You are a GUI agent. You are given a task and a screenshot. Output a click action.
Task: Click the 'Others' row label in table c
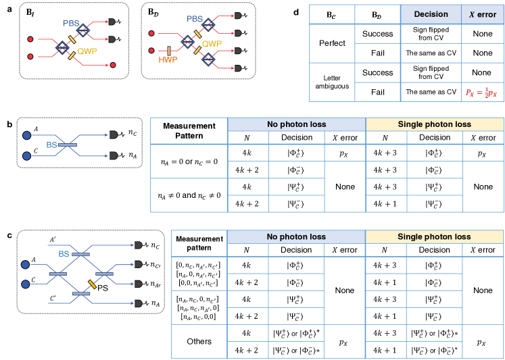[199, 341]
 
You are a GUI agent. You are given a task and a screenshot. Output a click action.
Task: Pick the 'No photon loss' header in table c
[296, 237]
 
